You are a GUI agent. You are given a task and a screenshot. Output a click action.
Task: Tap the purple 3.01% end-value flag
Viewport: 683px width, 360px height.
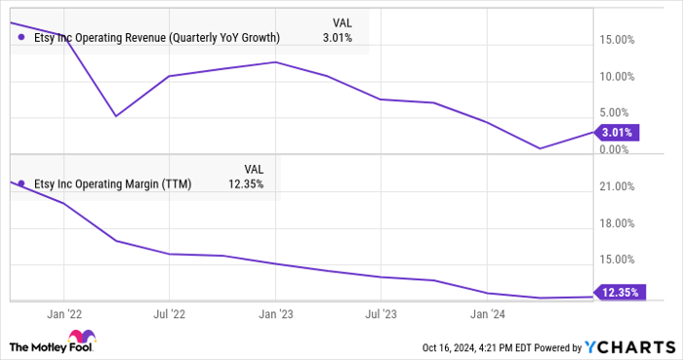coord(617,132)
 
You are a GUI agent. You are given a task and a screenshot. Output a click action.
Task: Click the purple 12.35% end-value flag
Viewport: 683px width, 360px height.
coord(620,292)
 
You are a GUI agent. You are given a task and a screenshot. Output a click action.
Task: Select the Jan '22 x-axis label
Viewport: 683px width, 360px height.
coord(63,314)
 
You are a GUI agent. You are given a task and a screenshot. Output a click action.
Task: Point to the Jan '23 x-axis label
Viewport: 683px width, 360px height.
coord(275,314)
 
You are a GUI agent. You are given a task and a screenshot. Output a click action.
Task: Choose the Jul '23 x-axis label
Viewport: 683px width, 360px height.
coord(380,314)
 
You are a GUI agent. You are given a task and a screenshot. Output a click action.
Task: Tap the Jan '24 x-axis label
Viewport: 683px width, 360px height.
coord(486,314)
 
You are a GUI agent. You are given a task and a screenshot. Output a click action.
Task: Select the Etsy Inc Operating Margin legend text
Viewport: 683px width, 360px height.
coord(113,183)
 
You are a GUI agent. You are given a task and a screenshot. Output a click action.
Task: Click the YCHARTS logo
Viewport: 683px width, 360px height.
coord(628,346)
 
